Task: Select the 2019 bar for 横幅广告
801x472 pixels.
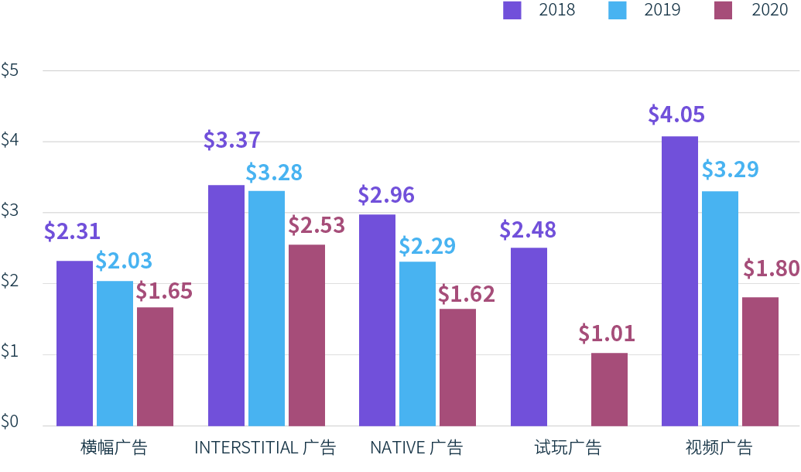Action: tap(115, 353)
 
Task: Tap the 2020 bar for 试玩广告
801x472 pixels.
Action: tap(609, 389)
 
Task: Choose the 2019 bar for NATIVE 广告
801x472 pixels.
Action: tap(417, 344)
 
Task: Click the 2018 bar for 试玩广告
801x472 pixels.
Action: tap(529, 337)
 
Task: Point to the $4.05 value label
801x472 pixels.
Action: tap(676, 115)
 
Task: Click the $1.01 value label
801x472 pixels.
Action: tap(606, 333)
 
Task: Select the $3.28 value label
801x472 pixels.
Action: tap(274, 172)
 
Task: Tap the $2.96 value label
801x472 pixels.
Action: tap(386, 195)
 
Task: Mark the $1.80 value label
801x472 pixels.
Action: tap(771, 268)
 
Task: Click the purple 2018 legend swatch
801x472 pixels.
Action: tap(512, 10)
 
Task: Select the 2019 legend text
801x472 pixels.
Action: tap(662, 10)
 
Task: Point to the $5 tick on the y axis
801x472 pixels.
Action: tap(10, 70)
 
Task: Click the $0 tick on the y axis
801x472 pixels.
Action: tap(10, 422)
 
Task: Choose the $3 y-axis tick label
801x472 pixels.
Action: tap(10, 212)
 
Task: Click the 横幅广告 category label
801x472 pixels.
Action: tap(114, 448)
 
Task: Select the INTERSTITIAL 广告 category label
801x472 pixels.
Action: tap(265, 448)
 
